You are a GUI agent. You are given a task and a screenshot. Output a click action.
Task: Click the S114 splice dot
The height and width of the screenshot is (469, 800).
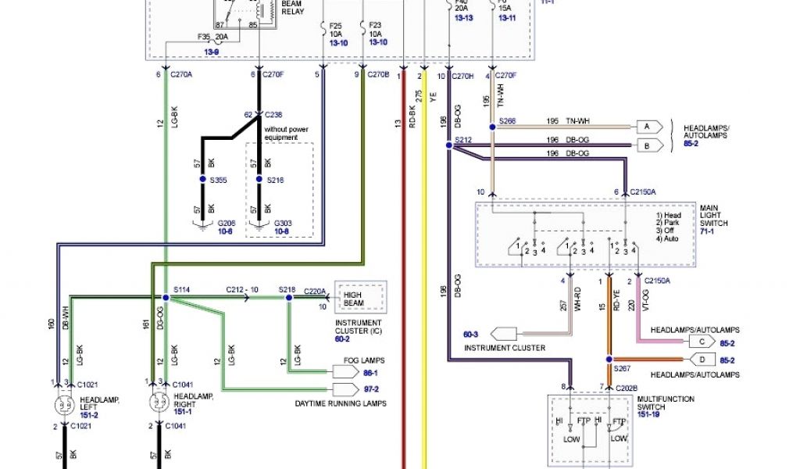click(x=165, y=298)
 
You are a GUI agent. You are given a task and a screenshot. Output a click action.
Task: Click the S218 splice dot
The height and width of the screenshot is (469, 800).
click(x=289, y=298)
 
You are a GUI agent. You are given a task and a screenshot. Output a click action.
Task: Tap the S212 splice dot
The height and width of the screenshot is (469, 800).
click(x=448, y=145)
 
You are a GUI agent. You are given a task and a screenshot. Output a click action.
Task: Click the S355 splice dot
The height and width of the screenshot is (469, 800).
click(x=202, y=180)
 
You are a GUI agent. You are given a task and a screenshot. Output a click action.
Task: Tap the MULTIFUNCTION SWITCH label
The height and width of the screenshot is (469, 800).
click(x=666, y=403)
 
